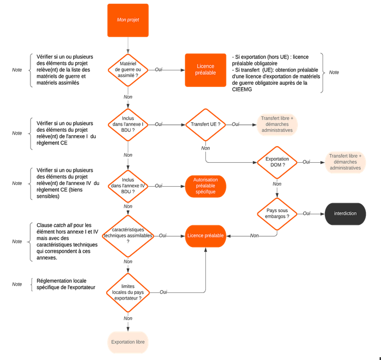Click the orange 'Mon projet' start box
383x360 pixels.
pyautogui.click(x=128, y=20)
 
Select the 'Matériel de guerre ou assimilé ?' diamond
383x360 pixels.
pyautogui.click(x=128, y=70)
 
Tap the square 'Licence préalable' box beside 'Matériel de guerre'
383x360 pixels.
pyautogui.click(x=205, y=70)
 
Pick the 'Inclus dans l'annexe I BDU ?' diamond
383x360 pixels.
pyautogui.click(x=128, y=125)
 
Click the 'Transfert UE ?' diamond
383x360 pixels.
pyautogui.click(x=205, y=125)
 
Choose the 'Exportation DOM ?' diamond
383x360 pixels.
pyautogui.click(x=277, y=162)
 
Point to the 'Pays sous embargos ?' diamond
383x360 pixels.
pyautogui.click(x=277, y=214)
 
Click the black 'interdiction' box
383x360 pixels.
pyautogui.click(x=345, y=214)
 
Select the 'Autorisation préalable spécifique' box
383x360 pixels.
pyautogui.click(x=205, y=186)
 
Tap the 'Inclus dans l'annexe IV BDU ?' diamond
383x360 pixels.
pyautogui.click(x=128, y=186)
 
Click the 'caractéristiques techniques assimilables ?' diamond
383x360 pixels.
pyautogui.click(x=128, y=235)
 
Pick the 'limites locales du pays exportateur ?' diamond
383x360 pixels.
pyautogui.click(x=128, y=291)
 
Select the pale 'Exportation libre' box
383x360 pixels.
pyautogui.click(x=128, y=342)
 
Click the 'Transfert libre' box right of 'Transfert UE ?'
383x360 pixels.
pyautogui.click(x=277, y=125)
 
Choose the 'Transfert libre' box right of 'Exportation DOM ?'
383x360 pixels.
pyautogui.click(x=345, y=162)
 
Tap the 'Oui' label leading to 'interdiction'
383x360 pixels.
pyautogui.click(x=307, y=214)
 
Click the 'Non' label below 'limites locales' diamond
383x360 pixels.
pyautogui.click(x=128, y=318)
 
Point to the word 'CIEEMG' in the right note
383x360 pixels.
pyautogui.click(x=241, y=89)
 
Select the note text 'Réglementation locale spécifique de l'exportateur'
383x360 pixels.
pyautogui.click(x=65, y=284)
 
